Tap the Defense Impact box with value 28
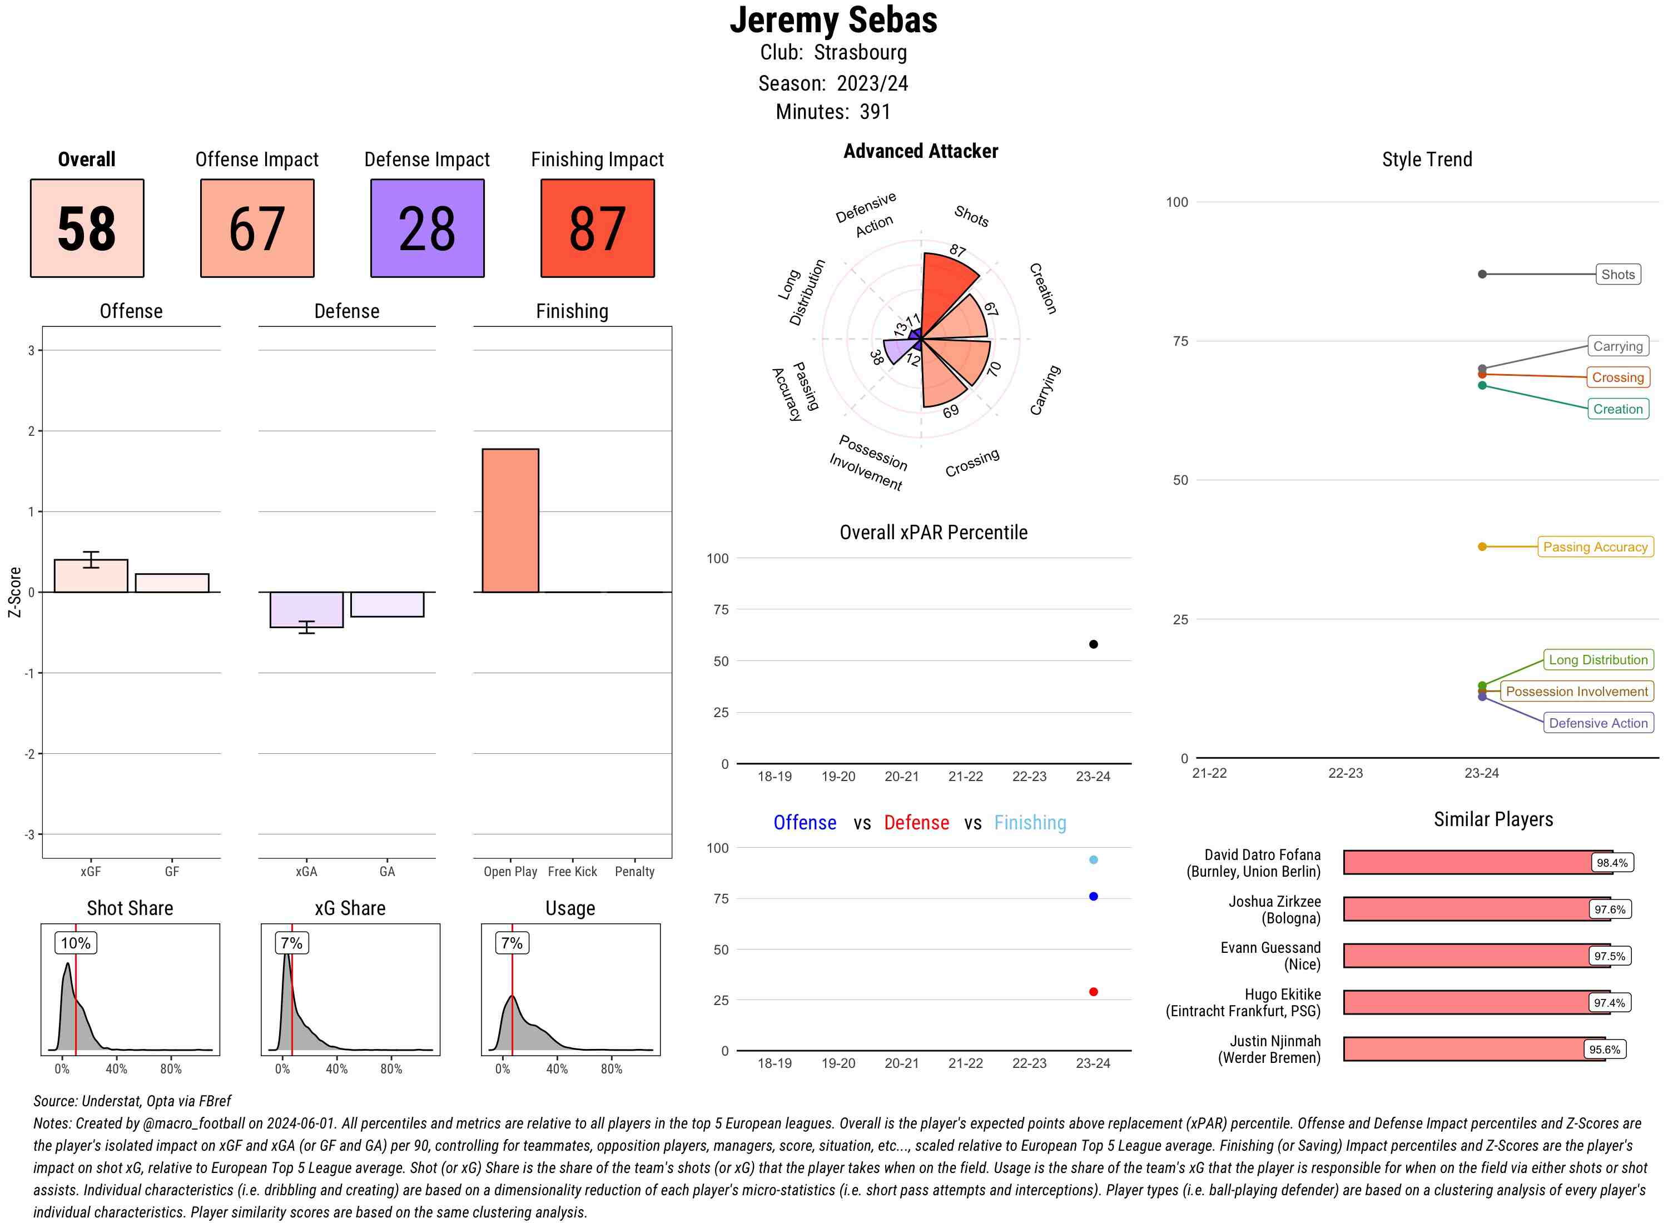tap(427, 228)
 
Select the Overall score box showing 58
tap(87, 228)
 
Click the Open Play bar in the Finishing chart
tap(510, 520)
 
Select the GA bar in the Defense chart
tap(387, 604)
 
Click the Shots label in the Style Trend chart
tap(1617, 275)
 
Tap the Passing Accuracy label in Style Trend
tap(1595, 547)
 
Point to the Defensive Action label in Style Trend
tap(1598, 723)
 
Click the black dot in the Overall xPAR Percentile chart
tap(1093, 644)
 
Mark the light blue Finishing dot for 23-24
tap(1093, 859)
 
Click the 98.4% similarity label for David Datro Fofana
tap(1612, 862)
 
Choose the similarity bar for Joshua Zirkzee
tap(1466, 909)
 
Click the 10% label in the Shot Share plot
tap(76, 943)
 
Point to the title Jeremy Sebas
tap(833, 20)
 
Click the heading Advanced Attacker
tap(920, 151)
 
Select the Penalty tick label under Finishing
tap(634, 871)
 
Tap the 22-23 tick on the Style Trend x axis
tap(1345, 773)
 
